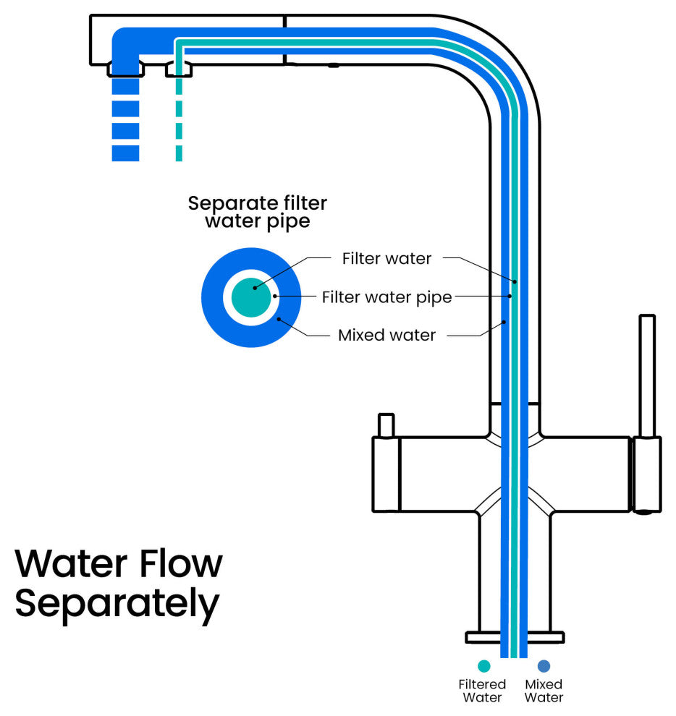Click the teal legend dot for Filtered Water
[x=483, y=666]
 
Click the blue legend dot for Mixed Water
[x=544, y=666]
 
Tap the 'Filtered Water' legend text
[x=482, y=691]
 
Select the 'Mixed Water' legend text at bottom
[x=544, y=691]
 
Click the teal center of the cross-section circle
[x=254, y=296]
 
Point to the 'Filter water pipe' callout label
[x=386, y=297]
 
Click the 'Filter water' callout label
[x=386, y=257]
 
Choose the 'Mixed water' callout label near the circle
[x=386, y=336]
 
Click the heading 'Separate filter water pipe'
[x=257, y=212]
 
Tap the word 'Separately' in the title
[x=117, y=603]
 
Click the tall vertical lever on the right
[x=647, y=376]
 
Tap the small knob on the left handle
[x=386, y=425]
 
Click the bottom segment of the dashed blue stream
[x=125, y=153]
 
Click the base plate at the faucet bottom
[x=514, y=637]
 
